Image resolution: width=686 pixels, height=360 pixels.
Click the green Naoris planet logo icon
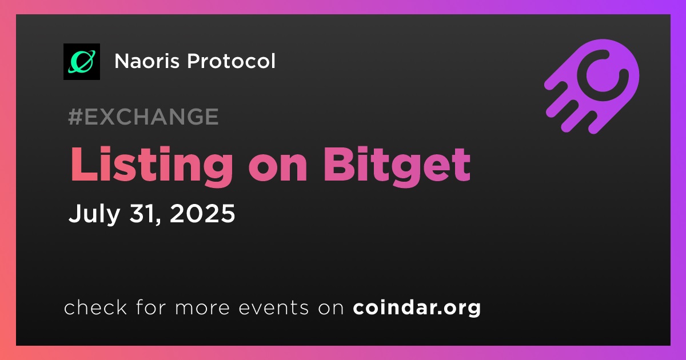(82, 62)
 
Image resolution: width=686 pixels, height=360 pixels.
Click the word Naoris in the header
(147, 61)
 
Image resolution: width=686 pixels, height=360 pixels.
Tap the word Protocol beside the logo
(231, 61)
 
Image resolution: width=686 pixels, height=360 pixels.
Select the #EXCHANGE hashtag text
(143, 117)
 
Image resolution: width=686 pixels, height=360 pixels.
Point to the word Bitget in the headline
(397, 165)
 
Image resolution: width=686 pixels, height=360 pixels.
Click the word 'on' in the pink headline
(278, 169)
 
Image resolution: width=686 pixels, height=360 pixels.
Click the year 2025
(202, 213)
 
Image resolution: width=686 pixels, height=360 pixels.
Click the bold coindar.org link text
(417, 307)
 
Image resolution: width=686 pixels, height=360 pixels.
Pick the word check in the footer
(95, 307)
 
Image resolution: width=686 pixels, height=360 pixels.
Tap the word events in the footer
(274, 307)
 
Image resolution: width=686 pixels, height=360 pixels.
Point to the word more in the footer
(202, 308)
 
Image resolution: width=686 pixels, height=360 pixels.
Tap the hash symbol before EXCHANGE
(75, 117)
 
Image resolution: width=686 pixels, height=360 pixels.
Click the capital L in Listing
(84, 165)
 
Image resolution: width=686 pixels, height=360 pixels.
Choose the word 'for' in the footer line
(151, 307)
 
